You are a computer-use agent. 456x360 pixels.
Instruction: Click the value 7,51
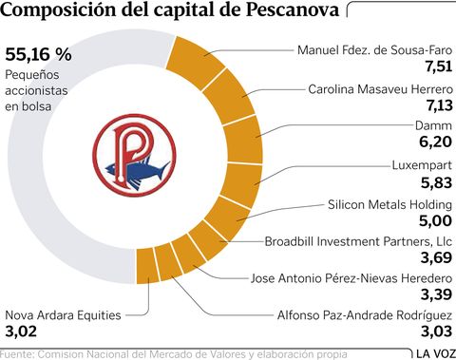[x=434, y=66]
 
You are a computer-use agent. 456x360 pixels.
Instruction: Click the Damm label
[x=433, y=124]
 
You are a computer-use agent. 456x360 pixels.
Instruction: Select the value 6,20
[x=433, y=142]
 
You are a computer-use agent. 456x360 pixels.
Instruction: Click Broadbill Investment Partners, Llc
[x=364, y=241]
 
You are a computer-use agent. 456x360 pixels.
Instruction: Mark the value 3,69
[x=434, y=258]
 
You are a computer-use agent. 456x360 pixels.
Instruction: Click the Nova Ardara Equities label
[x=62, y=315]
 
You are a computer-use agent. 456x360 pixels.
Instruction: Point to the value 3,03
[x=434, y=332]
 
